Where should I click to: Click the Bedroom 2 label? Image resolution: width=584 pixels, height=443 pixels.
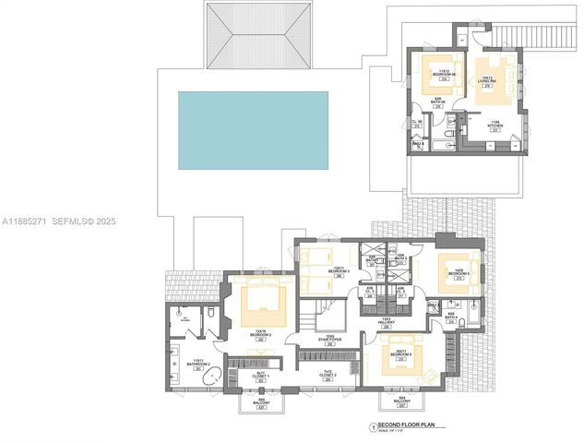(260, 334)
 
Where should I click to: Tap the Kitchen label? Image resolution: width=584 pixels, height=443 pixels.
(495, 126)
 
